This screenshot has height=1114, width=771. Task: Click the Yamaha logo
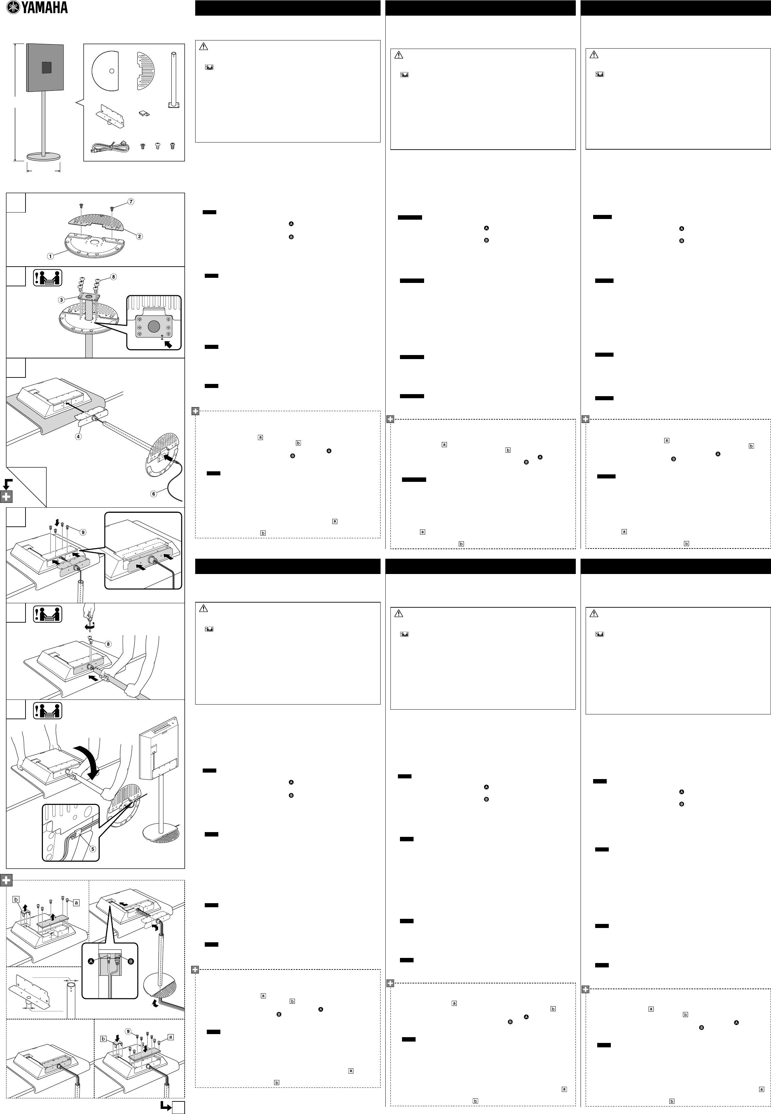[x=37, y=8]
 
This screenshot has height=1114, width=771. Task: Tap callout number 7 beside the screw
[x=131, y=201]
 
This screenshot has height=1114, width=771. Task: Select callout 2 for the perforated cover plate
[x=140, y=236]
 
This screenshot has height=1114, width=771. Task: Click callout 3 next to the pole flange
[x=61, y=300]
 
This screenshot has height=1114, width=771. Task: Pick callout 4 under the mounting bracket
[x=78, y=436]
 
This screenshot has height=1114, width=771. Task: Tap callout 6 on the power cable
[x=154, y=493]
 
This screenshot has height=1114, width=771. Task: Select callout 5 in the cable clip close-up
[x=93, y=849]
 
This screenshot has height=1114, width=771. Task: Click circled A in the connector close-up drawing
[x=91, y=961]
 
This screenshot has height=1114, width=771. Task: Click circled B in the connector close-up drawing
[x=131, y=961]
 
